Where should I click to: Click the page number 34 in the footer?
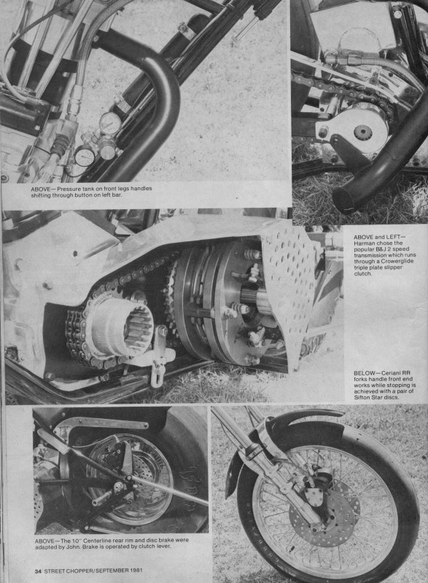coord(38,571)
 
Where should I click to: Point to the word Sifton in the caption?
coord(362,397)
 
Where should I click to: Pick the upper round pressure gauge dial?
coord(110,122)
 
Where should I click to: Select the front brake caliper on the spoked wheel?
coord(313,496)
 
